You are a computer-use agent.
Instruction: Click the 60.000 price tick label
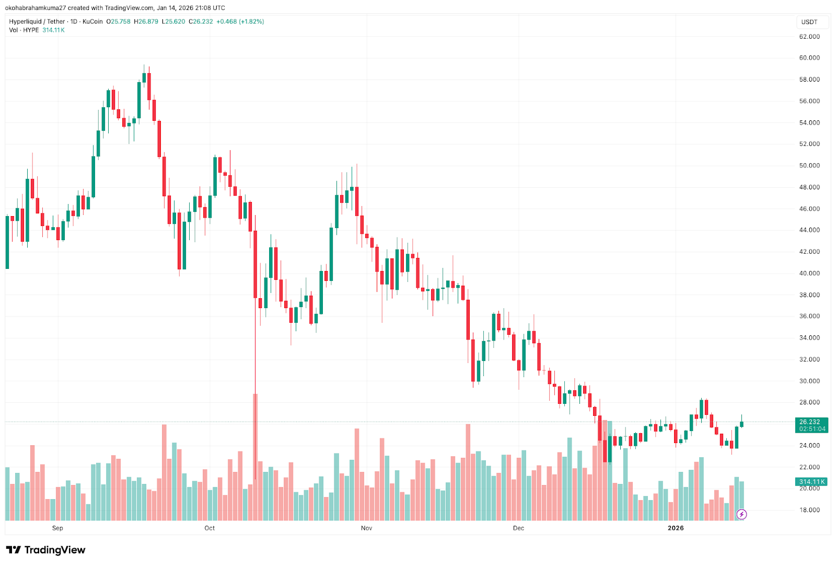pos(809,58)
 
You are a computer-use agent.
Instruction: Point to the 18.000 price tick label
pos(809,510)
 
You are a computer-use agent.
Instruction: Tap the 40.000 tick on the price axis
pos(809,273)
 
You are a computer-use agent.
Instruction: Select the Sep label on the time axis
pos(57,528)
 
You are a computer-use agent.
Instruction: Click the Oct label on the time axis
pos(210,528)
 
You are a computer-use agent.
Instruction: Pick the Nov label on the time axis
pos(366,528)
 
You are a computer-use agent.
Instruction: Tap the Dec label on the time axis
pos(518,528)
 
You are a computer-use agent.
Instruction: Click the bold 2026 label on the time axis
pos(676,528)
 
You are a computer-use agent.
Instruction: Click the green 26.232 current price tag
pos(810,422)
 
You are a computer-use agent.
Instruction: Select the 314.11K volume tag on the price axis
pos(811,482)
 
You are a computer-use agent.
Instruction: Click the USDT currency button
pos(809,22)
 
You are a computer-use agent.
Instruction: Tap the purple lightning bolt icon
pos(741,514)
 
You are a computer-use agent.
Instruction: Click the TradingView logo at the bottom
pos(45,550)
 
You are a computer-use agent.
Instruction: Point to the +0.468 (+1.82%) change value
pos(240,21)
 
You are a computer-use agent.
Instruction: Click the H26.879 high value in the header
pos(146,21)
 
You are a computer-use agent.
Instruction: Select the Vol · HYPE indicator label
pos(24,30)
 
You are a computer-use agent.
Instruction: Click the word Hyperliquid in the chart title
pos(25,21)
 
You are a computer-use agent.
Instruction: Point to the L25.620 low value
pos(173,21)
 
